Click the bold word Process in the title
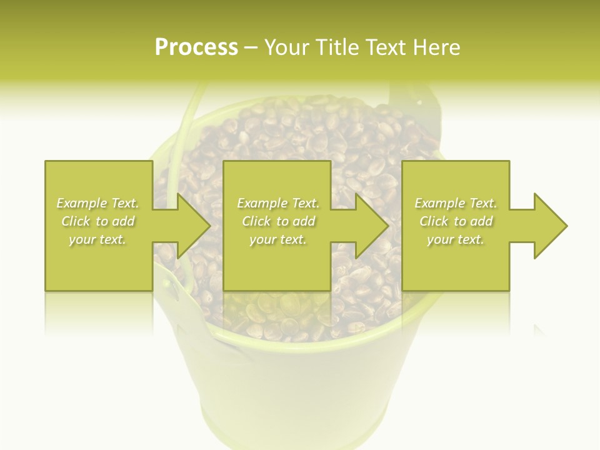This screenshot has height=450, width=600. coord(196,47)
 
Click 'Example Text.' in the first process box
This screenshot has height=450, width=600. coord(97,203)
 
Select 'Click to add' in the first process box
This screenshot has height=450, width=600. coord(97,221)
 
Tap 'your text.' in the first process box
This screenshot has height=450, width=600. coord(97,239)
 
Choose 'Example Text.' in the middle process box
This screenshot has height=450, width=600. coord(277,203)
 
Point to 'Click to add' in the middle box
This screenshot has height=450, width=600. coord(277,221)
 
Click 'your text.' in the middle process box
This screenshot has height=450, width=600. coord(277,239)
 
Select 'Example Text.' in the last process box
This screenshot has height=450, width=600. coord(456,203)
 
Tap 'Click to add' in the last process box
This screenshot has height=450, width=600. coord(456,221)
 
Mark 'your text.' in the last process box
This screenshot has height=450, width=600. coord(456,239)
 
